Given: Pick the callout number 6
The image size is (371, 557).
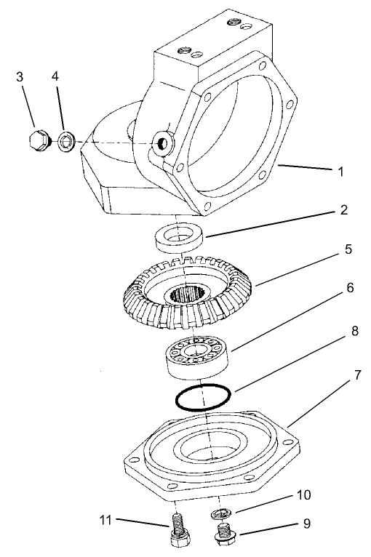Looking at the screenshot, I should click(349, 289).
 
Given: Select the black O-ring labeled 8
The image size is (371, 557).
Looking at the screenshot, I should click(204, 397).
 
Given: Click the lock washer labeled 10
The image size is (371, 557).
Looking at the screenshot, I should click(221, 515).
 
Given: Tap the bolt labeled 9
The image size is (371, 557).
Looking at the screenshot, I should click(223, 534).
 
